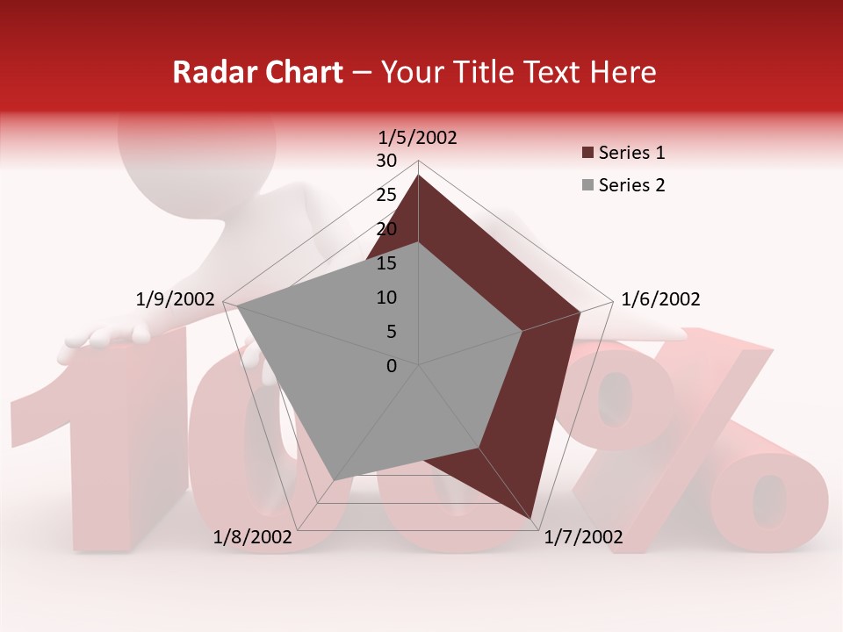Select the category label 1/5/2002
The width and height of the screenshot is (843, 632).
[x=418, y=137]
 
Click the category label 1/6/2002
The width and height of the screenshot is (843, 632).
[x=660, y=299]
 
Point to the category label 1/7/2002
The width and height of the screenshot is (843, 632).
[x=583, y=537]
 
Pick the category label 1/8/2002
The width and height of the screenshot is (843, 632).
[x=252, y=537]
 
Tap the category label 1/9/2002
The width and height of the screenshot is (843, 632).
[x=176, y=299]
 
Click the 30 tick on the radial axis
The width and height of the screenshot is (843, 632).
[x=386, y=161]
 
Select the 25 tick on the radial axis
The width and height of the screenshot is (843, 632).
[x=386, y=195]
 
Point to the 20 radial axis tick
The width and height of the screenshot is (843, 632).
[x=386, y=229]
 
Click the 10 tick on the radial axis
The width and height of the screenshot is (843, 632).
[x=386, y=298]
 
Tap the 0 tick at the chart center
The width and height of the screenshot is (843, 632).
[x=392, y=366]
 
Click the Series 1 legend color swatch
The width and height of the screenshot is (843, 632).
[x=587, y=154]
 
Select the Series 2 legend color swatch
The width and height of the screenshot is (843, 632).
[x=587, y=185]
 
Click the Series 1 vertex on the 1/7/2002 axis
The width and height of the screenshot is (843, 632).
[x=530, y=518]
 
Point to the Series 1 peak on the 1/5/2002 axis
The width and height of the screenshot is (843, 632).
[x=418, y=175]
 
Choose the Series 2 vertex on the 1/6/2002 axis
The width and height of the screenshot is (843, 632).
[x=522, y=331]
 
